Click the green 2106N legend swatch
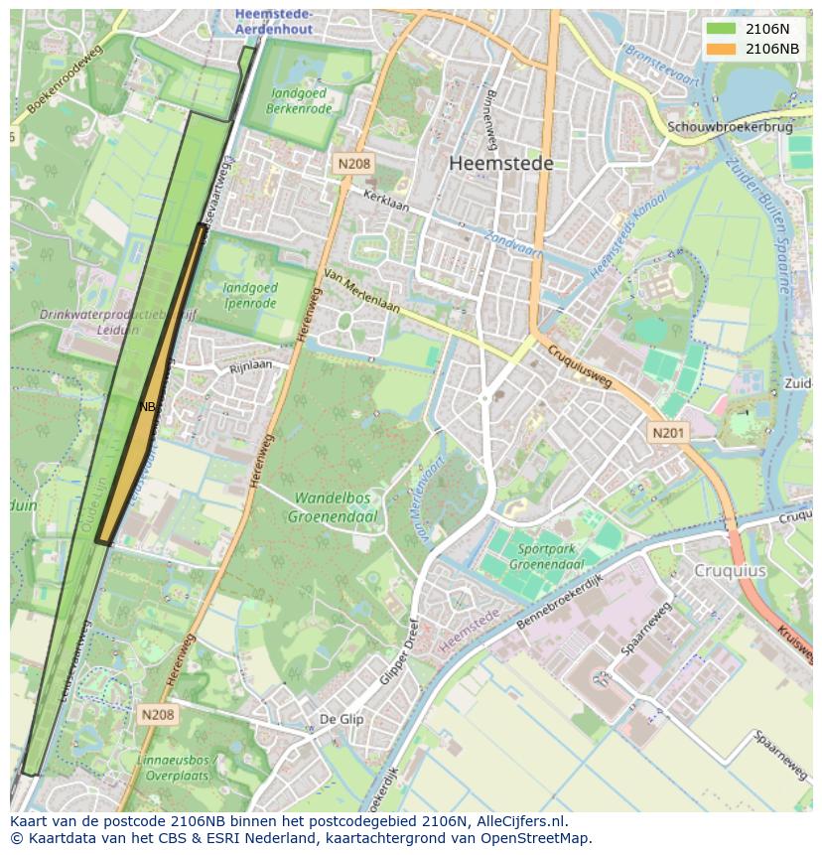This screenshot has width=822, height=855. click(721, 29)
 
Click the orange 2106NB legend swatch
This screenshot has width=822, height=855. click(721, 49)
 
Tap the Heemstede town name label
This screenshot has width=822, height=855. click(500, 164)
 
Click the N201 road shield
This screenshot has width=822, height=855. click(668, 433)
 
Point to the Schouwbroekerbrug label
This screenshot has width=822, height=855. click(730, 127)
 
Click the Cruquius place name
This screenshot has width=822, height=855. click(730, 571)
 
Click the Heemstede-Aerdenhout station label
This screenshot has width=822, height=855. click(274, 21)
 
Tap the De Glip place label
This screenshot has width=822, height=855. click(341, 719)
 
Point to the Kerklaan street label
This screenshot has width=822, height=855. click(386, 201)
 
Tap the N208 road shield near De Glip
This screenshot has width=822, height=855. click(157, 714)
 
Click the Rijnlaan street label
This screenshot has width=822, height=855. click(250, 366)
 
